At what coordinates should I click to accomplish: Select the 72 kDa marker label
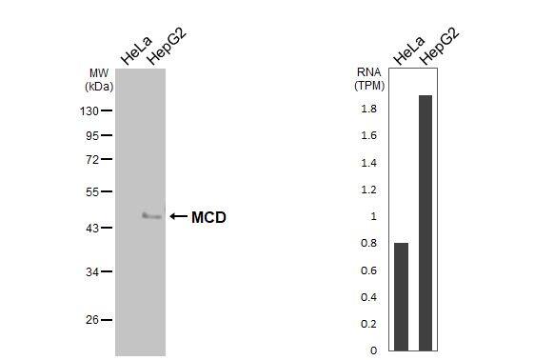tap(92, 159)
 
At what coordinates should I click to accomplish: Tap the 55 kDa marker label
tap(92, 191)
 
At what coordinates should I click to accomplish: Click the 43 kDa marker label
tap(92, 229)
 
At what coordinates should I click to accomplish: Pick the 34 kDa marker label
tap(92, 272)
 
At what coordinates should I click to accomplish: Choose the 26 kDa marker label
tap(92, 320)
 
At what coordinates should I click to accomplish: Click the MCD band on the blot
tap(151, 216)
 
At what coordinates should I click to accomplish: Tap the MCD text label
tap(208, 217)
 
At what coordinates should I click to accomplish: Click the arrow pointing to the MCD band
tap(178, 217)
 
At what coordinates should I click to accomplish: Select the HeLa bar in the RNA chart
tap(401, 296)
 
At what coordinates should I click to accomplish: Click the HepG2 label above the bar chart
tap(438, 48)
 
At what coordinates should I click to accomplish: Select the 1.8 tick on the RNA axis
tap(368, 109)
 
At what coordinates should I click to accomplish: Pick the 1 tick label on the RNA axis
tap(373, 216)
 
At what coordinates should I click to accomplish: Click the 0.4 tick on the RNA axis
tap(368, 297)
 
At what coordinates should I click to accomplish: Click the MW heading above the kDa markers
tap(99, 72)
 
